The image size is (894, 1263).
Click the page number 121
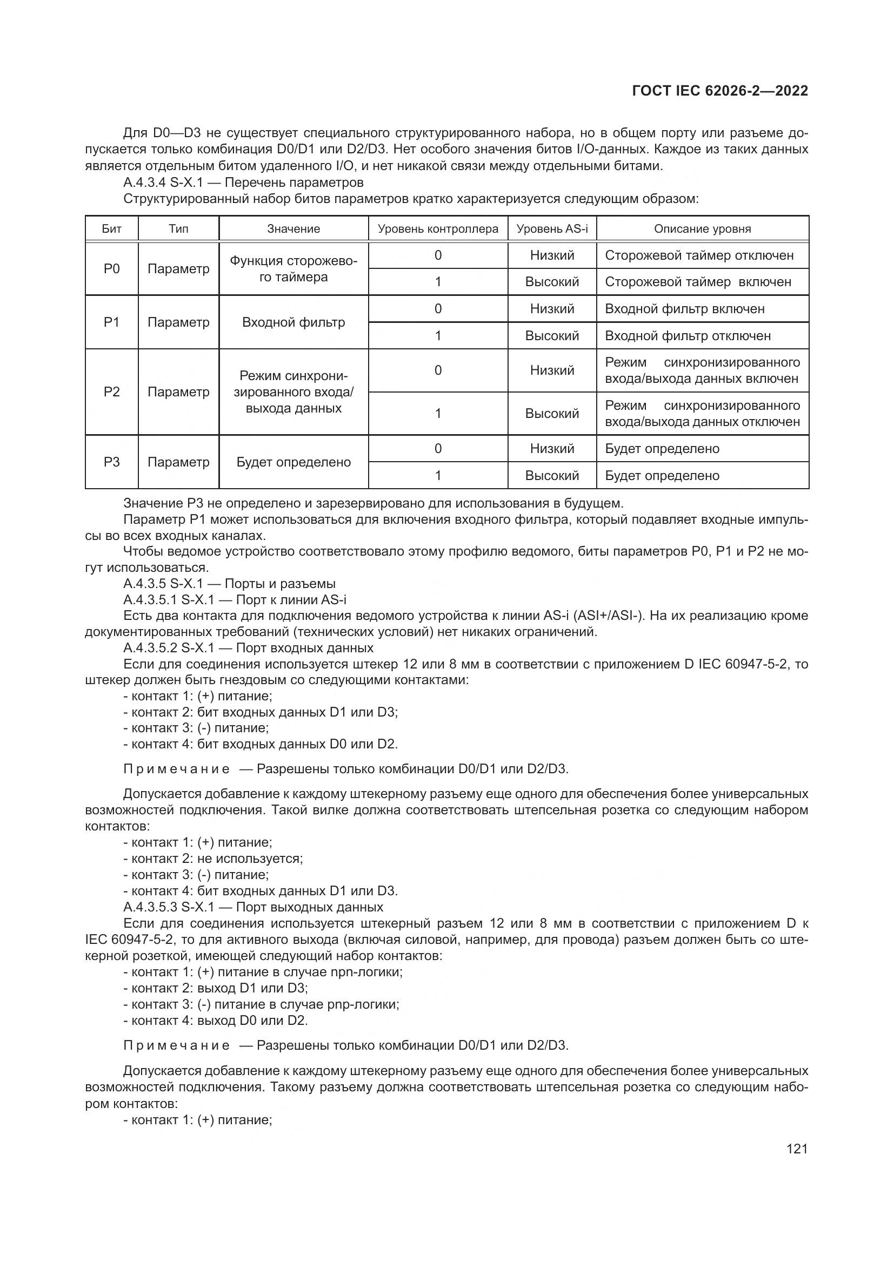coord(797,1149)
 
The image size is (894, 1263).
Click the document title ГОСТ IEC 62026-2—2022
coord(720,91)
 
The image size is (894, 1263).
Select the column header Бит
coord(112,229)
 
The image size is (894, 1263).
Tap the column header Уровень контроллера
coord(438,229)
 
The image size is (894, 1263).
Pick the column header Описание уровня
coord(702,229)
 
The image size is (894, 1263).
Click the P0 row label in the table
coord(112,268)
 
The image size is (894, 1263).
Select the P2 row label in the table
coord(112,391)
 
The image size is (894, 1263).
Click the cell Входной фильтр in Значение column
coord(293,322)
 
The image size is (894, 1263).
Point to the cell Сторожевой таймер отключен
coord(699,255)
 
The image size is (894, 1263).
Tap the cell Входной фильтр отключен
coord(688,335)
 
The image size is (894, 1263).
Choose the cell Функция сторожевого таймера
coord(293,269)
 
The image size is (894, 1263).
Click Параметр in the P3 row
coord(178,462)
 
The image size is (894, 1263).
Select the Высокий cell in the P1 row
coord(552,335)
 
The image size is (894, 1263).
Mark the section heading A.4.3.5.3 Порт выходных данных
coord(253,907)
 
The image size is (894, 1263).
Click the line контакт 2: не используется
coord(214,859)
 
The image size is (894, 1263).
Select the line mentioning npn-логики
coord(263,972)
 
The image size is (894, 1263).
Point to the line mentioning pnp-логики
coord(262,1004)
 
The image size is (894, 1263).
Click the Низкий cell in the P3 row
coord(552,448)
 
